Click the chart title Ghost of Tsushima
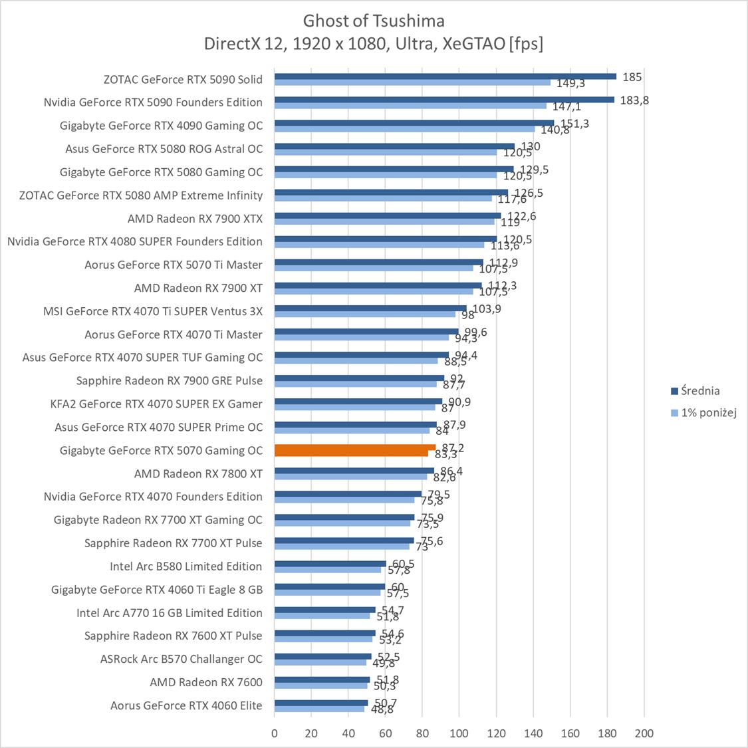pos(374,21)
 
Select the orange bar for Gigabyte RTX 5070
pos(354,447)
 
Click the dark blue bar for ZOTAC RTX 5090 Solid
pos(445,76)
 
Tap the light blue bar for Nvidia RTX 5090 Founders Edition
pos(410,106)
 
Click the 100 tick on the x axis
pos(459,733)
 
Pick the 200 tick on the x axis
pos(644,733)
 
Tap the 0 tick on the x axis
pos(275,733)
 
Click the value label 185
pos(632,77)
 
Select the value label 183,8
pos(635,100)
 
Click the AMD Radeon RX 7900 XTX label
pos(195,218)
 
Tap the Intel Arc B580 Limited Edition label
pos(186,566)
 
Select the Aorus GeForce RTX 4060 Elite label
pos(186,705)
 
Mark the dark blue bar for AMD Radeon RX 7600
pos(322,680)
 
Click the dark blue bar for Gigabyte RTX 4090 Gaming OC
pos(414,123)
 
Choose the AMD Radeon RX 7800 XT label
pos(198,473)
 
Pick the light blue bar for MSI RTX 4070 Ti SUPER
pos(365,314)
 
